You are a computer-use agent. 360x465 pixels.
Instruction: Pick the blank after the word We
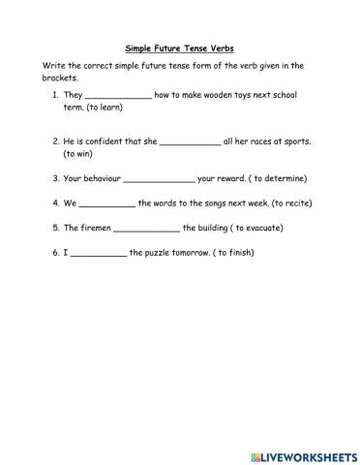coord(106,205)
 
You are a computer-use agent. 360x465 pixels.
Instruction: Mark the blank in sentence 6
coord(99,255)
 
